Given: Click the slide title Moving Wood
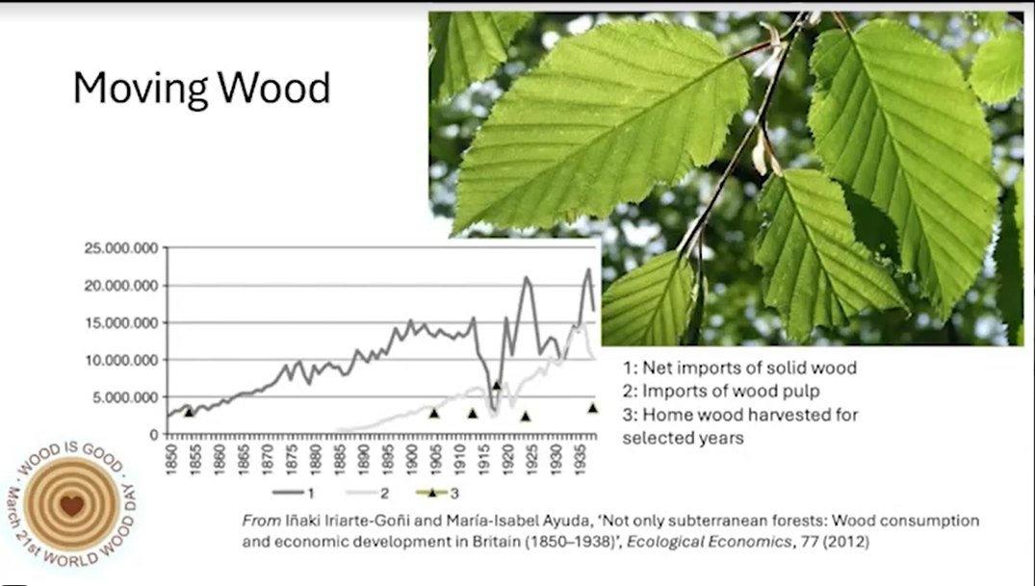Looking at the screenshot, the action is click(201, 88).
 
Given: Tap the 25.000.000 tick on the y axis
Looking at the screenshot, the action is click(121, 248).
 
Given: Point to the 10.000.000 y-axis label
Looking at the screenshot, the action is click(121, 360).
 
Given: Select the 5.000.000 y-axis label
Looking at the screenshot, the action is click(125, 397).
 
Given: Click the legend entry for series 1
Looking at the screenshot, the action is click(294, 493).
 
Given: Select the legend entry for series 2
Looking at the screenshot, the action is click(367, 493).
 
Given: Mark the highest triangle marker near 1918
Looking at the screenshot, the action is click(497, 386).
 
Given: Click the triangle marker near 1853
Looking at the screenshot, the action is click(190, 413).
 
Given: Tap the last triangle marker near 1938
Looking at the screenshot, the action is click(593, 409).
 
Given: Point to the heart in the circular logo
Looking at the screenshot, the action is click(72, 505).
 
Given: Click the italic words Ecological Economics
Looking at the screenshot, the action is click(709, 542).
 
